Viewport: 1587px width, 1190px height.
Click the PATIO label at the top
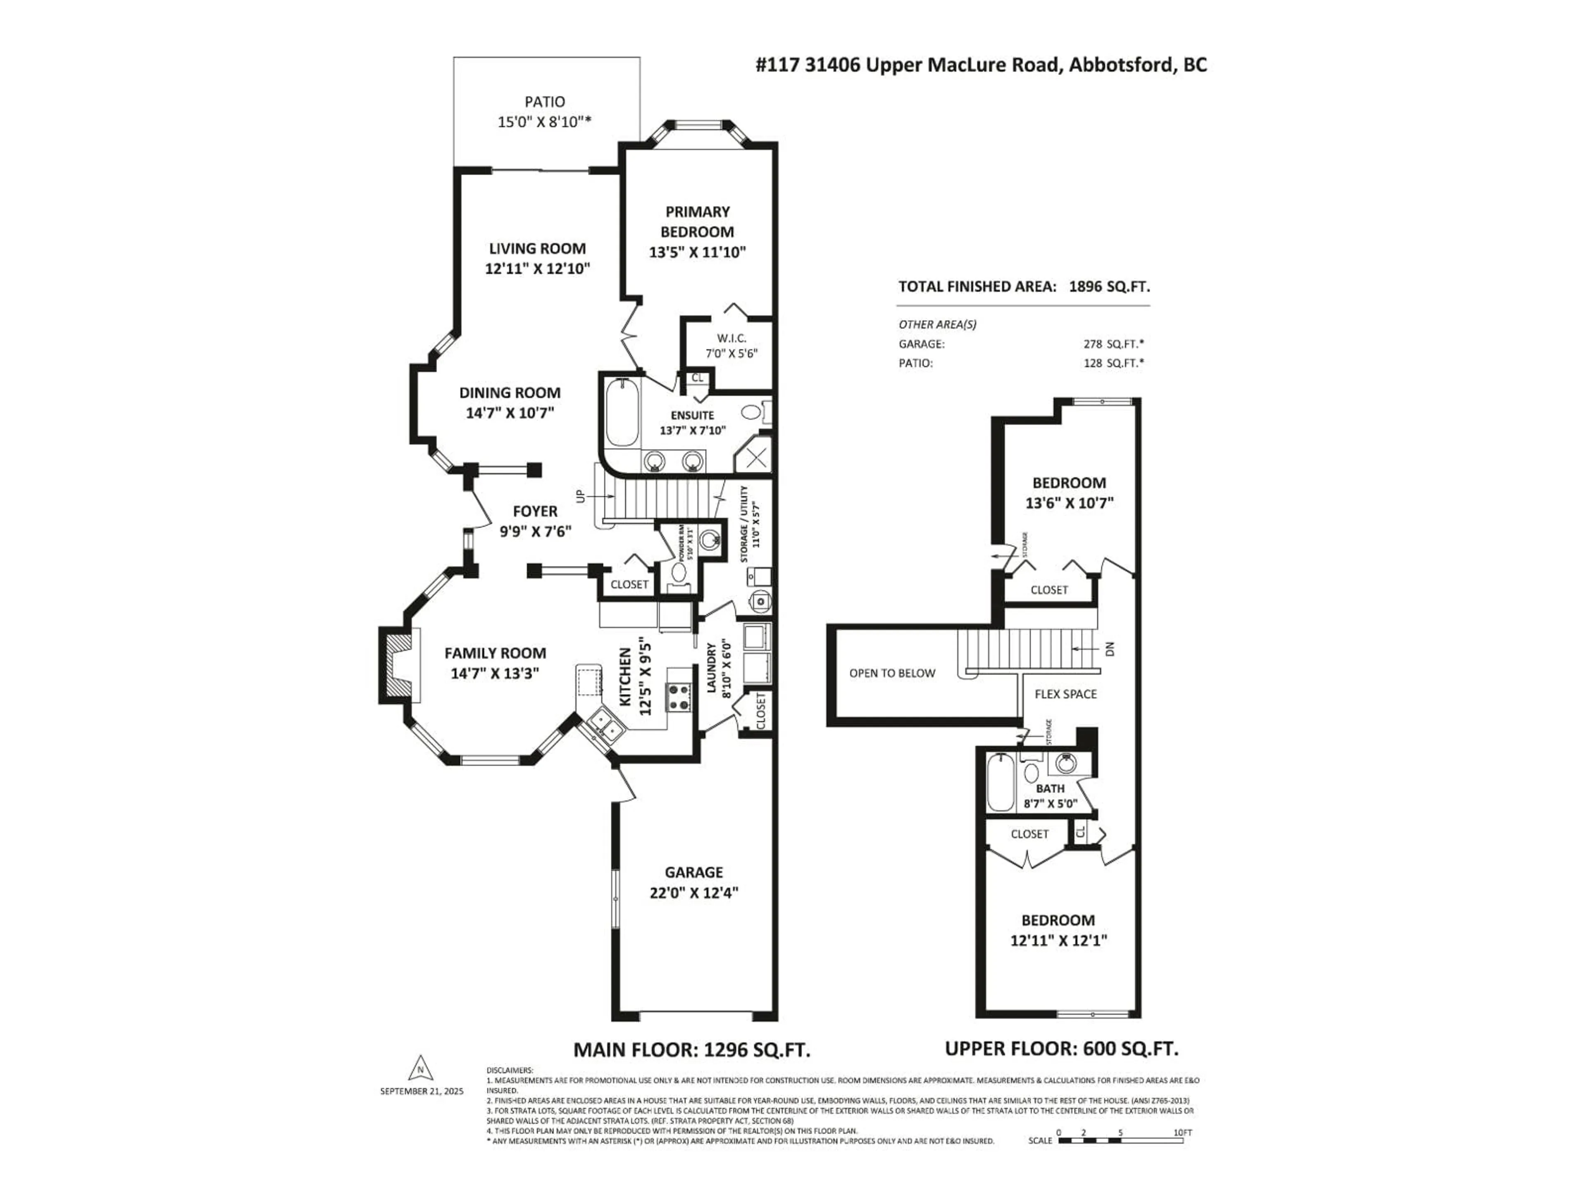545,102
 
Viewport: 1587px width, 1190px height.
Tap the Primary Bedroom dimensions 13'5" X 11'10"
697,252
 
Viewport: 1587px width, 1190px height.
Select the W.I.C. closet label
731,338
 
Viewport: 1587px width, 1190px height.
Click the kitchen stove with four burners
679,697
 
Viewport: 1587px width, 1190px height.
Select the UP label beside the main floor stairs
580,496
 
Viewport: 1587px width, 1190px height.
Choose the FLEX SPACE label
1065,694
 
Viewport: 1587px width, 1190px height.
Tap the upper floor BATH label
1050,788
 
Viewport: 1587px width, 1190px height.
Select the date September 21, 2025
422,1091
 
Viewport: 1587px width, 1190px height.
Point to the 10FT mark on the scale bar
1182,1133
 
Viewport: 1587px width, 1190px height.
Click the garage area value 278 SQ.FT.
1113,344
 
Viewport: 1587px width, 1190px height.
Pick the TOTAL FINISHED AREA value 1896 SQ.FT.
1109,286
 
